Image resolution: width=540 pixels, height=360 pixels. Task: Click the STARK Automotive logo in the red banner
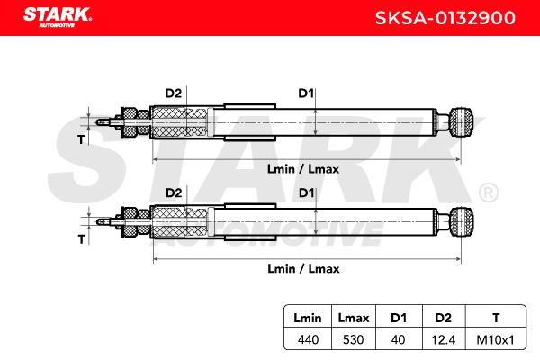click(x=58, y=17)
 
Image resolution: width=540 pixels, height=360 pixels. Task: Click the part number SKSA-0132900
click(x=445, y=18)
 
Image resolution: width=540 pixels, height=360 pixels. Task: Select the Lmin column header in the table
click(x=308, y=318)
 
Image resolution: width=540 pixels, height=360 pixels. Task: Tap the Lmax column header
click(x=354, y=318)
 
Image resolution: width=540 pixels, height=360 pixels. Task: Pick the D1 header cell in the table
click(x=399, y=318)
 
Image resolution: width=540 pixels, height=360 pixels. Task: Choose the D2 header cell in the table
click(x=443, y=318)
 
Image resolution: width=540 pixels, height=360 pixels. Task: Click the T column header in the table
click(x=496, y=318)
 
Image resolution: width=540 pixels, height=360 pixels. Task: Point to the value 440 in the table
click(x=308, y=340)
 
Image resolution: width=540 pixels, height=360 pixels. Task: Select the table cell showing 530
click(x=354, y=340)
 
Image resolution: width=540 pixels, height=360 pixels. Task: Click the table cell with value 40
click(x=398, y=340)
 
